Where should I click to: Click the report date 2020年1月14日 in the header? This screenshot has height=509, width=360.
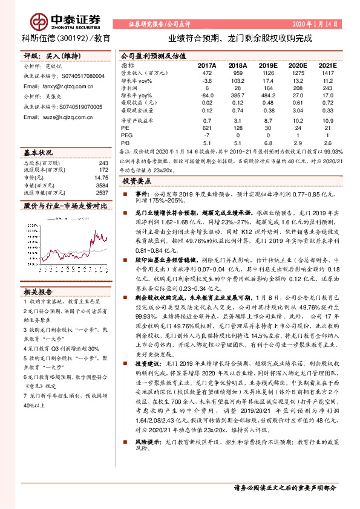(x=315, y=24)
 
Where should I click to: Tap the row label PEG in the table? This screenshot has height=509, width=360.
(x=126, y=136)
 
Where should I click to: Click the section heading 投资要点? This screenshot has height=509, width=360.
(x=136, y=181)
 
